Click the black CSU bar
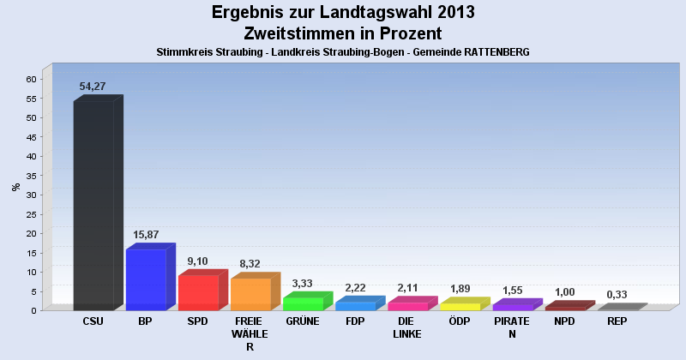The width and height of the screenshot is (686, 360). tap(93, 206)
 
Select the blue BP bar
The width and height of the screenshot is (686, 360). tap(146, 279)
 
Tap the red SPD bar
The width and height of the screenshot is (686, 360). tap(198, 292)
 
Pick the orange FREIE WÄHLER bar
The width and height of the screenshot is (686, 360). tap(250, 294)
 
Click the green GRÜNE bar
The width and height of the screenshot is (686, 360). tap(303, 303)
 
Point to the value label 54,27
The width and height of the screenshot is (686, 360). tap(92, 87)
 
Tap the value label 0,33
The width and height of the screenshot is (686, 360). tap(617, 295)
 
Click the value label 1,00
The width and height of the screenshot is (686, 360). tap(564, 292)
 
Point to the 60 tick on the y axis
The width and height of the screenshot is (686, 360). tap(31, 79)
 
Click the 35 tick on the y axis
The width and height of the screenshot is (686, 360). tap(31, 176)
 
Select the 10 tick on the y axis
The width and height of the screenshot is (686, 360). tap(31, 272)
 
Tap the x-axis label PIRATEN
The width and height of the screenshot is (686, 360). tap(512, 327)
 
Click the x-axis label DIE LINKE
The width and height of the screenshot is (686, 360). tap(406, 327)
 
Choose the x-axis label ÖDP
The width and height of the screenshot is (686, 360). tap(459, 321)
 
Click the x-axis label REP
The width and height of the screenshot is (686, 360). tap(617, 321)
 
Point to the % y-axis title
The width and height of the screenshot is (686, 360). tap(15, 186)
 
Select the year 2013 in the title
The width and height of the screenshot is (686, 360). tap(444, 13)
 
